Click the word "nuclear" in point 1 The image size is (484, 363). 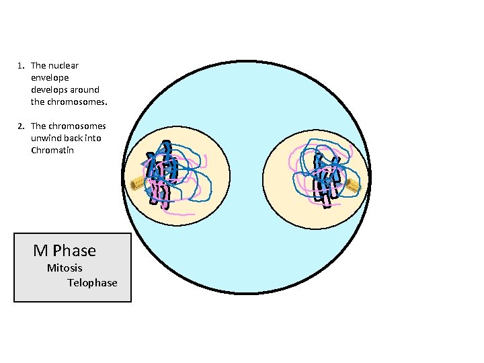tap(64, 65)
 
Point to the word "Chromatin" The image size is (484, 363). tap(52, 150)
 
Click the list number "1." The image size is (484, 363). tap(22, 65)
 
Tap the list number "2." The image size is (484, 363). tap(22, 126)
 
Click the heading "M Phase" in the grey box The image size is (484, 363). tap(65, 251)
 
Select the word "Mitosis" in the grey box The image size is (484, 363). tap(65, 268)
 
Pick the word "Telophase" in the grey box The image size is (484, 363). tap(92, 283)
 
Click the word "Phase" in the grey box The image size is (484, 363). tap(75, 251)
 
